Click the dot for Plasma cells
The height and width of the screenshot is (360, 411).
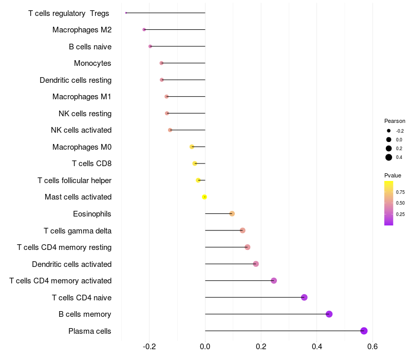click(364, 331)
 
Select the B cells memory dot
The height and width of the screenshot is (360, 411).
click(329, 314)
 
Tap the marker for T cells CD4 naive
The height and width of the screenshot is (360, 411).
click(304, 297)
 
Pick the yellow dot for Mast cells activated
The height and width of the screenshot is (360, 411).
click(204, 197)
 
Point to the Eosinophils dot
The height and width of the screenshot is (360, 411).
click(232, 213)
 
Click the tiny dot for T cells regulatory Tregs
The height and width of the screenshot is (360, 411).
click(126, 13)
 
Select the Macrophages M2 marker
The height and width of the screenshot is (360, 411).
click(144, 30)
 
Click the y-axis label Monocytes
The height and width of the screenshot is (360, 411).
click(92, 63)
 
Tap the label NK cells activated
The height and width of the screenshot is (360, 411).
click(81, 130)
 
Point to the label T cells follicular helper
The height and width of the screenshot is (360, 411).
click(74, 180)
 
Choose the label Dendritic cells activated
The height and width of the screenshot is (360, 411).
click(71, 264)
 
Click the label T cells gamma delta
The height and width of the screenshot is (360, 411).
click(78, 230)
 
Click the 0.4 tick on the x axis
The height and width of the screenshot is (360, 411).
click(317, 347)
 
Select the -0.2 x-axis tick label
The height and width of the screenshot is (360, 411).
click(150, 347)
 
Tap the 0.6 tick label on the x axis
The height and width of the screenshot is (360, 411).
click(372, 347)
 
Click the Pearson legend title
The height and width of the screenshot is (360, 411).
click(395, 121)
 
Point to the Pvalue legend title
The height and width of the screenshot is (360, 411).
click(393, 175)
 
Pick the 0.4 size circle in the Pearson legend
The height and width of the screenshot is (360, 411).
click(389, 157)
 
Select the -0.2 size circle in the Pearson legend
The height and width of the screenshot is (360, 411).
click(389, 131)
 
